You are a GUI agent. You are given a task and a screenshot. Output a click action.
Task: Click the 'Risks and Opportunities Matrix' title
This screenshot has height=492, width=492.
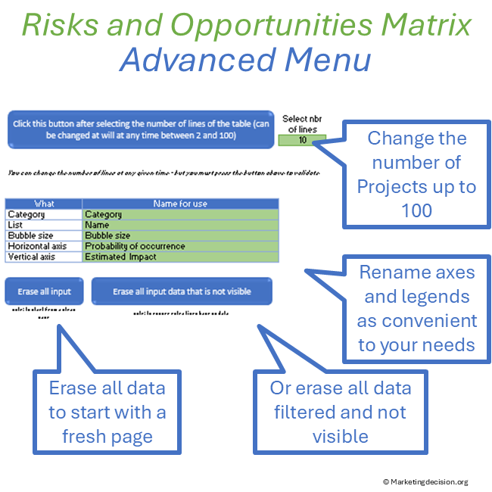pos(246,24)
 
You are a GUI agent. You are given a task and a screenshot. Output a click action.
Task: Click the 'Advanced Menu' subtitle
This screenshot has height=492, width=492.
pos(246,60)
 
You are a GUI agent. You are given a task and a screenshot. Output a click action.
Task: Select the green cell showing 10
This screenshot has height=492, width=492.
pos(302,140)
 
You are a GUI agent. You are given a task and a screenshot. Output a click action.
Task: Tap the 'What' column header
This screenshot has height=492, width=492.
pos(44,204)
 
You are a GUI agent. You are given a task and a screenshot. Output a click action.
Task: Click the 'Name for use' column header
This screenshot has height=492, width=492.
pos(180,204)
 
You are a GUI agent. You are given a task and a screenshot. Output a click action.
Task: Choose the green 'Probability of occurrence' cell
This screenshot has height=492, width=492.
pos(180,246)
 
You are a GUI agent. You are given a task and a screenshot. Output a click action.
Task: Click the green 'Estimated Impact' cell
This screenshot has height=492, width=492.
pos(180,257)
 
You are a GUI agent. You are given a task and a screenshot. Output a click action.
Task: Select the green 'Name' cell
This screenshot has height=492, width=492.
pos(180,225)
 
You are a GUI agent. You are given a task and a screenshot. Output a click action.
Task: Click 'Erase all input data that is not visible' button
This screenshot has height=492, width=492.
pos(182,291)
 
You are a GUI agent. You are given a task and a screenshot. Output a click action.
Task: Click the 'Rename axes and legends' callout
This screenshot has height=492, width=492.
pos(417,308)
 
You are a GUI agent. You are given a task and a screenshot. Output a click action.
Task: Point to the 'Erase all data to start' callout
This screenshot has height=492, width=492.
pos(107,412)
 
